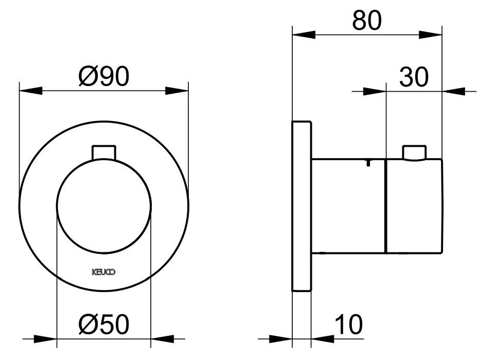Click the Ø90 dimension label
(103, 77)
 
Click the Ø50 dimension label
(103, 324)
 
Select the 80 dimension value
(367, 21)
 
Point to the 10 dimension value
(348, 325)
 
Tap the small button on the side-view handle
(414, 153)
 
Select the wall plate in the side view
(301, 207)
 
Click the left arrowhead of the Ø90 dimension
(29, 91)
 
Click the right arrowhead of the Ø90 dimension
(177, 91)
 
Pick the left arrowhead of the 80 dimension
(303, 35)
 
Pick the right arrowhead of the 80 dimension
(431, 35)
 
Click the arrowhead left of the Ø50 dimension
(45, 339)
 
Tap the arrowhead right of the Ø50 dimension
(161, 339)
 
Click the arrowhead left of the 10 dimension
(281, 339)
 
